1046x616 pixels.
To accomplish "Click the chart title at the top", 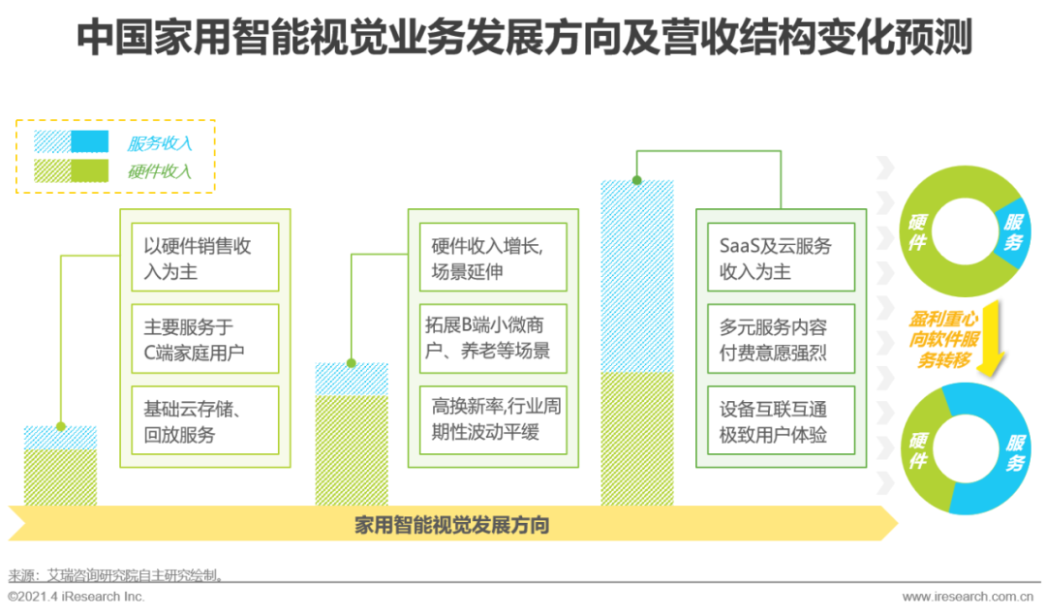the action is [x=524, y=37].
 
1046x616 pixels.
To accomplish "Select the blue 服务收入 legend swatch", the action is [x=72, y=141].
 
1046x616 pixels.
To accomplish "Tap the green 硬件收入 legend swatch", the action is [x=72, y=170].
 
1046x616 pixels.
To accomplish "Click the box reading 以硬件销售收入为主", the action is [x=204, y=257].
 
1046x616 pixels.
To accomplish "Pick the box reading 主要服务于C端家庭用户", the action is [x=204, y=338].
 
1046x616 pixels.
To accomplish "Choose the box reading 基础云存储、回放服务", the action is [x=204, y=420].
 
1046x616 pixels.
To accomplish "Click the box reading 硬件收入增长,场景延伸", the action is [x=493, y=257].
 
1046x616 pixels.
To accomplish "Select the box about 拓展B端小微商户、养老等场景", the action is [x=493, y=338].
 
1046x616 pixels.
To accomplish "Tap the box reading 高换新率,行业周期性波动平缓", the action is [x=493, y=420].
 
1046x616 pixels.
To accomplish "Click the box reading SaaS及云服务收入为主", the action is [x=782, y=257].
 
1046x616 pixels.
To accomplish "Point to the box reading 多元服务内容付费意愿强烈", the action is [x=782, y=338].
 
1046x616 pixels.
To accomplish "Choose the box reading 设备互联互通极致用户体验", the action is [x=782, y=420].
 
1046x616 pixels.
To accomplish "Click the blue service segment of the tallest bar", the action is [x=637, y=276].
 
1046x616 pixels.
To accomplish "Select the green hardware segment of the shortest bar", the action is [x=61, y=477].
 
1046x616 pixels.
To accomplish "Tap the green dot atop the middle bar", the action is [x=352, y=363].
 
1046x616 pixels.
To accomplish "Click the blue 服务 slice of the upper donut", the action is [x=1013, y=231].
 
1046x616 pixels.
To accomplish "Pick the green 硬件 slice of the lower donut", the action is [x=925, y=449].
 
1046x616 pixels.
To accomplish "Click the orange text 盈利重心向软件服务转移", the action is [x=944, y=340].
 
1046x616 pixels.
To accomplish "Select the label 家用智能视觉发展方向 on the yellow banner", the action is [x=451, y=525].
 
